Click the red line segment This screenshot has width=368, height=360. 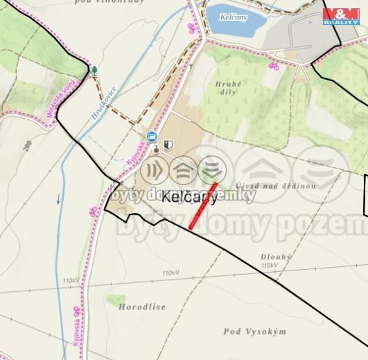click(x=203, y=205)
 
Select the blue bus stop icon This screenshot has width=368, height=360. click(x=151, y=137)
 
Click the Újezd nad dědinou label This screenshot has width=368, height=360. click(x=275, y=186)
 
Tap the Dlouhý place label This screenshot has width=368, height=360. click(x=277, y=256)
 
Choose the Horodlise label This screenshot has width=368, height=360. click(x=141, y=306)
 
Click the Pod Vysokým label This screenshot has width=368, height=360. click(x=255, y=332)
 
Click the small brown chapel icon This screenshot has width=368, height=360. click(x=157, y=147)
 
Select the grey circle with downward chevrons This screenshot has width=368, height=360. click(x=211, y=169)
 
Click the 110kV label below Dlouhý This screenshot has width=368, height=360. click(x=270, y=265)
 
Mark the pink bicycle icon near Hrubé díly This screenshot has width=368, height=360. click(x=274, y=67)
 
